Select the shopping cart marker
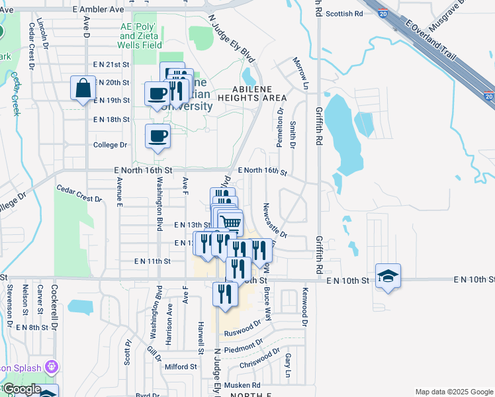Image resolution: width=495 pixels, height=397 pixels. click(x=230, y=223)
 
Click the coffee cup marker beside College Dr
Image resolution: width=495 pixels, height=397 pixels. click(x=157, y=136)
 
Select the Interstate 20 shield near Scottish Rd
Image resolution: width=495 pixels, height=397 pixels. click(x=384, y=13)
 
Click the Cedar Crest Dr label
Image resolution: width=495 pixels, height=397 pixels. click(x=80, y=193)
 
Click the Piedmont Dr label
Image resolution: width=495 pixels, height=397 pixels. click(x=243, y=347)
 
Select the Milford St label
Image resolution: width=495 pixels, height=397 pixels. click(x=181, y=366)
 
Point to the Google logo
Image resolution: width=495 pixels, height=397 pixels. click(x=21, y=389)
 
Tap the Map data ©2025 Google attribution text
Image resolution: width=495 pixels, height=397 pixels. click(x=454, y=392)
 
